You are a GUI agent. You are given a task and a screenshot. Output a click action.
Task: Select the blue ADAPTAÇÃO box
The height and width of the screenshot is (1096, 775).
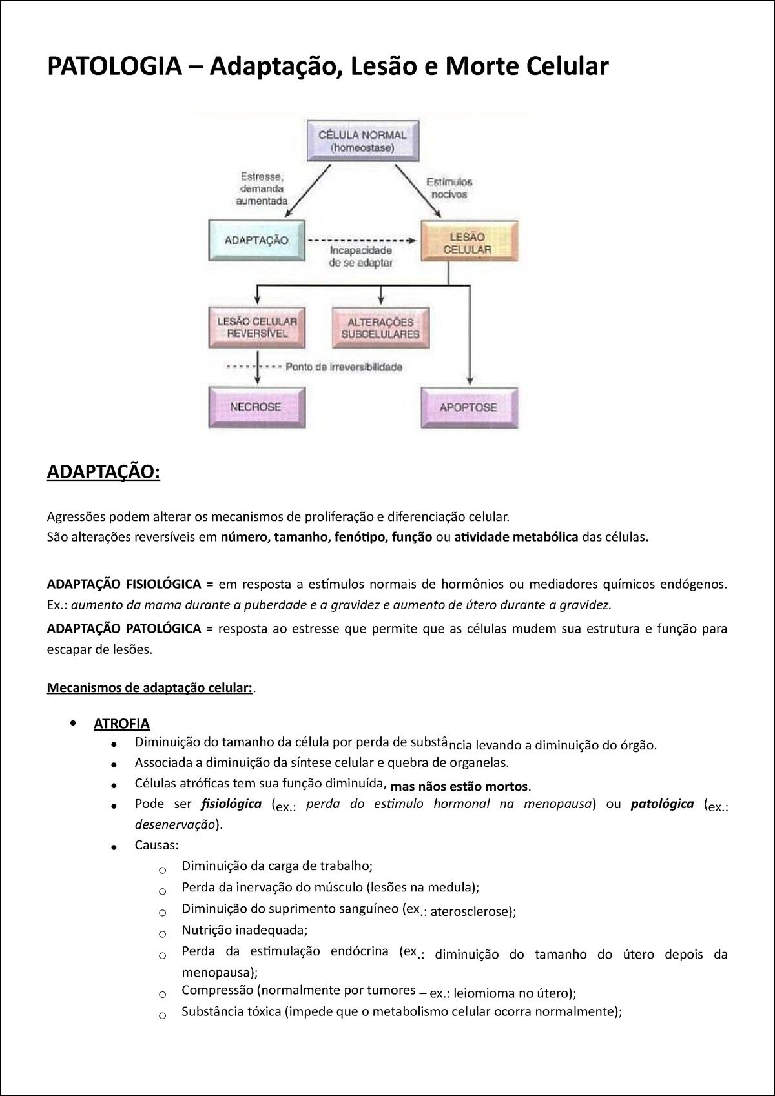(x=256, y=240)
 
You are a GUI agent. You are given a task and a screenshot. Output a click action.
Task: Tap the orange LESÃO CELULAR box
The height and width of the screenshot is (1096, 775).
(x=470, y=242)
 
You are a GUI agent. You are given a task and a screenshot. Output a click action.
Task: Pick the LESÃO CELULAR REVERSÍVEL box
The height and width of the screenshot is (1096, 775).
(x=256, y=327)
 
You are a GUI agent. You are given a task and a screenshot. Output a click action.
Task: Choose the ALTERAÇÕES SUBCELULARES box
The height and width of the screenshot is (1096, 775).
(x=380, y=327)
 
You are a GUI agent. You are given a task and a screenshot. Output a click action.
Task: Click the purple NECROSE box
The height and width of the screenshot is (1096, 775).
(x=256, y=407)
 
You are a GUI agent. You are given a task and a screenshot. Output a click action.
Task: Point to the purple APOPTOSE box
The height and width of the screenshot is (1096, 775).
(x=468, y=407)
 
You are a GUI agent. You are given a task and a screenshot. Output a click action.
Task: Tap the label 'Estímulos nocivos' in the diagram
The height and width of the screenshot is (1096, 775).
(x=449, y=188)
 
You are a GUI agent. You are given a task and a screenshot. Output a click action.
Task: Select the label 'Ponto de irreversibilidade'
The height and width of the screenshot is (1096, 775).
(x=344, y=367)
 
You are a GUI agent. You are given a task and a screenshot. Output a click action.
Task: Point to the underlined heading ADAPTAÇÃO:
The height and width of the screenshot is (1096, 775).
(x=103, y=472)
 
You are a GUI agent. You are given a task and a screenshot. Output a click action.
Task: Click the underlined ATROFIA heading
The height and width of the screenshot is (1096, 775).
(x=122, y=724)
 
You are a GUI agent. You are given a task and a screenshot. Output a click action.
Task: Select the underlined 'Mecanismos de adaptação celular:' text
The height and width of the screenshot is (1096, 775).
(x=149, y=687)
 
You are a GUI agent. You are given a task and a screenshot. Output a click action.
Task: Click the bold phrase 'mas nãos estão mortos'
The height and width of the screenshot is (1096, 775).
(x=460, y=787)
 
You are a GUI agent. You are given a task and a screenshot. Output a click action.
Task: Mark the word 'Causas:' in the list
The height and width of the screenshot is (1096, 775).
(x=157, y=845)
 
